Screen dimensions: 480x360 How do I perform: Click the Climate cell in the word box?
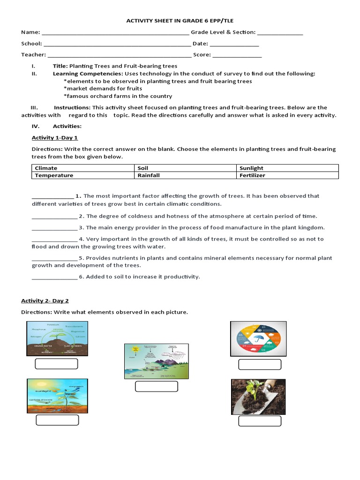(83, 168)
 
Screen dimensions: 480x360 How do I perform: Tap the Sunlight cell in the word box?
(287, 168)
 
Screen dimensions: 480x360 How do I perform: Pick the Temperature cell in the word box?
(83, 175)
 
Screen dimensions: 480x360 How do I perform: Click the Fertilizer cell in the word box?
(287, 175)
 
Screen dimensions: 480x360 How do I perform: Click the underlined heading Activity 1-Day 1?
(55, 138)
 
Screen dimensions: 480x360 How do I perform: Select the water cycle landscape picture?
(157, 361)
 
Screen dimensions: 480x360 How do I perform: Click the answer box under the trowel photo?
(260, 421)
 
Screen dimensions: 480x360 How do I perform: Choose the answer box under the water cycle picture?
(157, 386)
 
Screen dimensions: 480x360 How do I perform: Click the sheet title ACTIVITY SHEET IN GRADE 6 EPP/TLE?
(180, 21)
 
